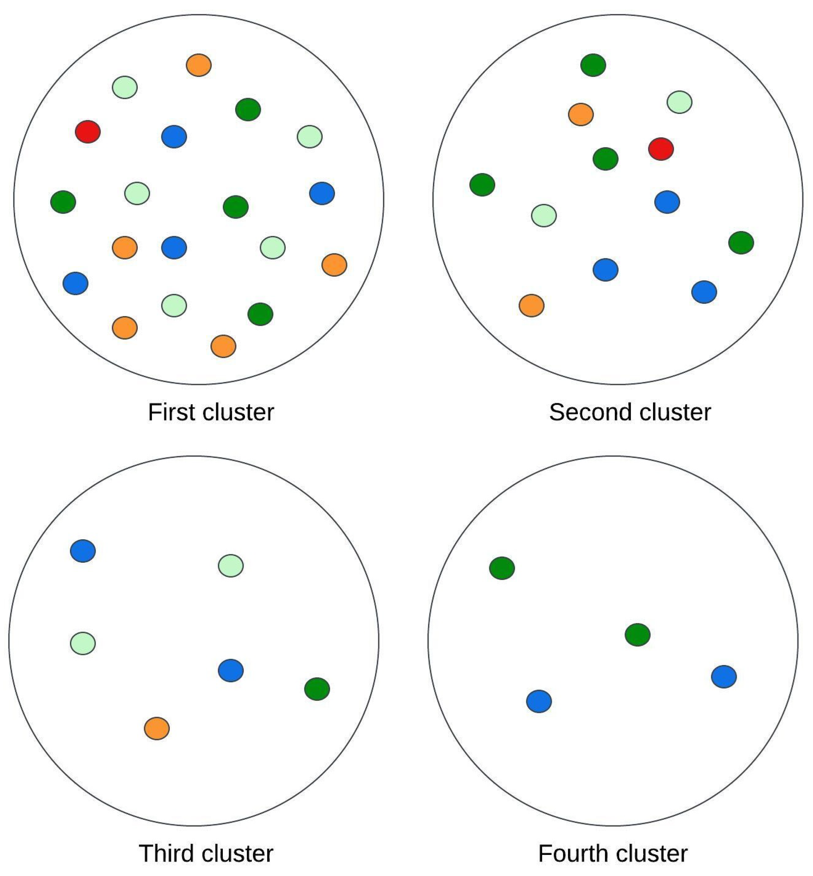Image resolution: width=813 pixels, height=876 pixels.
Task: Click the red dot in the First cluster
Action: click(88, 131)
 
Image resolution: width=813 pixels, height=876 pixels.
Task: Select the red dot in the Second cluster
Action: click(661, 149)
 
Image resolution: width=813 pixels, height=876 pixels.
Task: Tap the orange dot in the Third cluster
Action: click(157, 728)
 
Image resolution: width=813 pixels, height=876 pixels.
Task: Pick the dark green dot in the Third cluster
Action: click(317, 689)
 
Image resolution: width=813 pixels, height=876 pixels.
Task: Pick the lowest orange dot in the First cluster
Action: click(223, 346)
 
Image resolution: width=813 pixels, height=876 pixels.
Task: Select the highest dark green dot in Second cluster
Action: click(593, 65)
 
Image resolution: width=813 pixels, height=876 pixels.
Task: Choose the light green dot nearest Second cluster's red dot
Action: click(679, 102)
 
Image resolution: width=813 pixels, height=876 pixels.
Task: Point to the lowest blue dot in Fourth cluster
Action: click(539, 701)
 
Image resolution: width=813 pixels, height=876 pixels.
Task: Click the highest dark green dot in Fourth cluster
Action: click(502, 568)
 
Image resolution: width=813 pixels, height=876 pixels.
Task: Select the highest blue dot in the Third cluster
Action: click(83, 550)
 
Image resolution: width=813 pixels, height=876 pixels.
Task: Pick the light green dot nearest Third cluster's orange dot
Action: click(83, 643)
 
